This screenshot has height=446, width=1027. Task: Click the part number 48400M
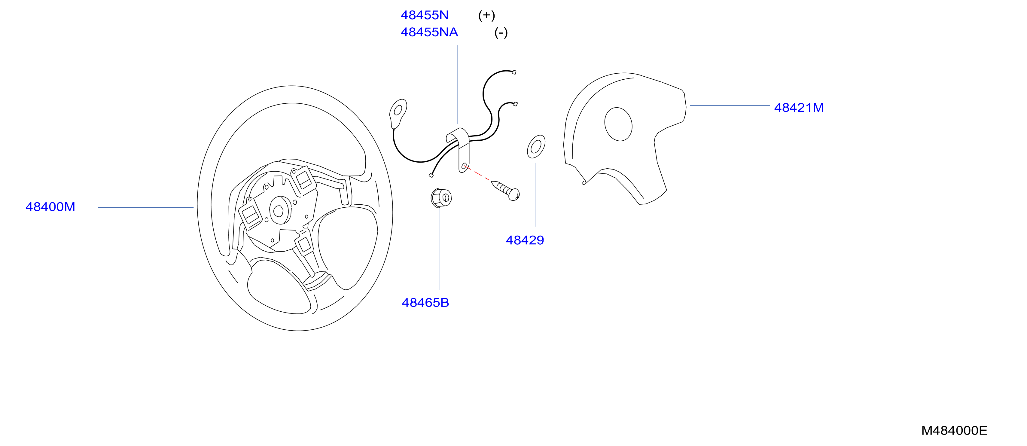[x=50, y=207]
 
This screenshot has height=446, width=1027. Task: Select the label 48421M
[x=799, y=108]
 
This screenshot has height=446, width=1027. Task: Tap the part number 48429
[x=525, y=240]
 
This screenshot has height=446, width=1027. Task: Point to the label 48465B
[x=425, y=303]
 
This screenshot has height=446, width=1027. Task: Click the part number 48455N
[x=425, y=15]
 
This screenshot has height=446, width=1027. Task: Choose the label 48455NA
[x=429, y=32]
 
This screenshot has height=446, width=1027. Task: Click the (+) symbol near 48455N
[x=486, y=16]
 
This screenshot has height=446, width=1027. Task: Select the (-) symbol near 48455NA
[x=501, y=33]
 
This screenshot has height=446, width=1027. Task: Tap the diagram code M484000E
[x=954, y=430]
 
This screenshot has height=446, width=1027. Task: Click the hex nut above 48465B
[x=441, y=198]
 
